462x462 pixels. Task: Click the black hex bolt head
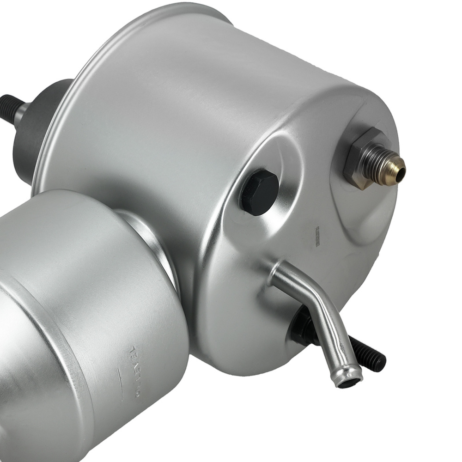(x=259, y=192)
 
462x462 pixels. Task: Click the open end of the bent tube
(x=348, y=382)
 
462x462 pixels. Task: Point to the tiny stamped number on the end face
(x=318, y=236)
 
